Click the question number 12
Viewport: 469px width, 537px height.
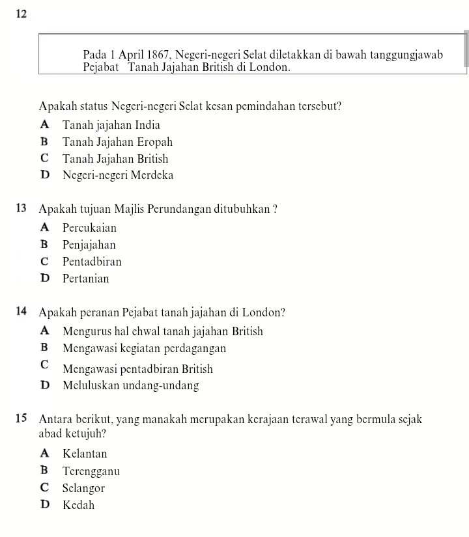(x=18, y=14)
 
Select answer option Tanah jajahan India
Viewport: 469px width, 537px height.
(x=111, y=125)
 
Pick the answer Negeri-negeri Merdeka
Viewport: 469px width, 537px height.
(x=118, y=175)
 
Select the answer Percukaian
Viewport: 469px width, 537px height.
(x=90, y=228)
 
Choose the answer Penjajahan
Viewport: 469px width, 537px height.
(x=89, y=245)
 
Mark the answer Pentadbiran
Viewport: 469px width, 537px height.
(x=92, y=262)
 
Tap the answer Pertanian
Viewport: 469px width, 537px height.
(x=86, y=279)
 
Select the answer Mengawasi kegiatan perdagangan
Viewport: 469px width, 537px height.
(x=145, y=348)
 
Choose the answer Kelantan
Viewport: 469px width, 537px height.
(x=85, y=454)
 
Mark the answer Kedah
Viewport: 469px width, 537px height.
(x=79, y=505)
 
